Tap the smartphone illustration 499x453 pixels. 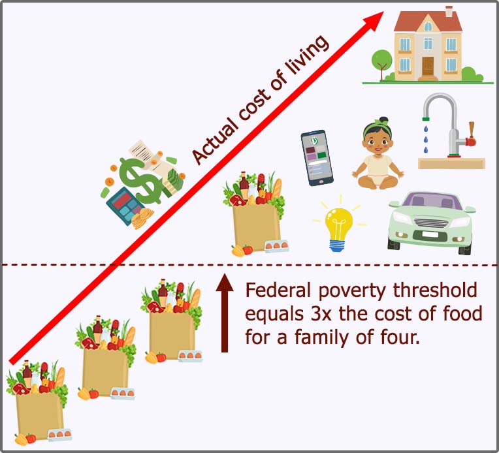(x=317, y=158)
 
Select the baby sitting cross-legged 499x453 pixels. (x=378, y=153)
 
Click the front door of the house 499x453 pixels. (x=428, y=66)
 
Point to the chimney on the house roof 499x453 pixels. (x=449, y=11)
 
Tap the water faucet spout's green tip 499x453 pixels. (x=426, y=119)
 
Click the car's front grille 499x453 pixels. (x=431, y=222)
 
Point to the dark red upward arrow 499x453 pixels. (x=225, y=313)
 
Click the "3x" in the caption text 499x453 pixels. (x=319, y=314)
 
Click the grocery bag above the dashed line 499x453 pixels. (x=255, y=214)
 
